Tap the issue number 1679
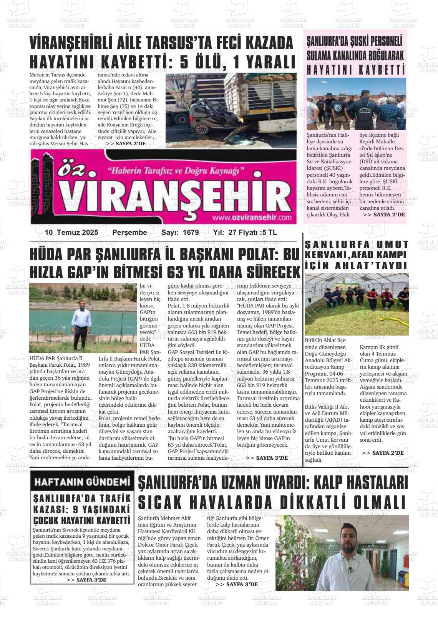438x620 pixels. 191,233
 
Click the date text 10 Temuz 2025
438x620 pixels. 71,233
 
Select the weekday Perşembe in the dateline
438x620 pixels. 129,233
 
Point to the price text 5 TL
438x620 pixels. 269,233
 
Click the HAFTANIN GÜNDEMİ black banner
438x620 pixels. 82,482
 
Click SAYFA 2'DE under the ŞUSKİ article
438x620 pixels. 383,214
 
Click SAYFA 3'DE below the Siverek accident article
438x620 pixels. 86,580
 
